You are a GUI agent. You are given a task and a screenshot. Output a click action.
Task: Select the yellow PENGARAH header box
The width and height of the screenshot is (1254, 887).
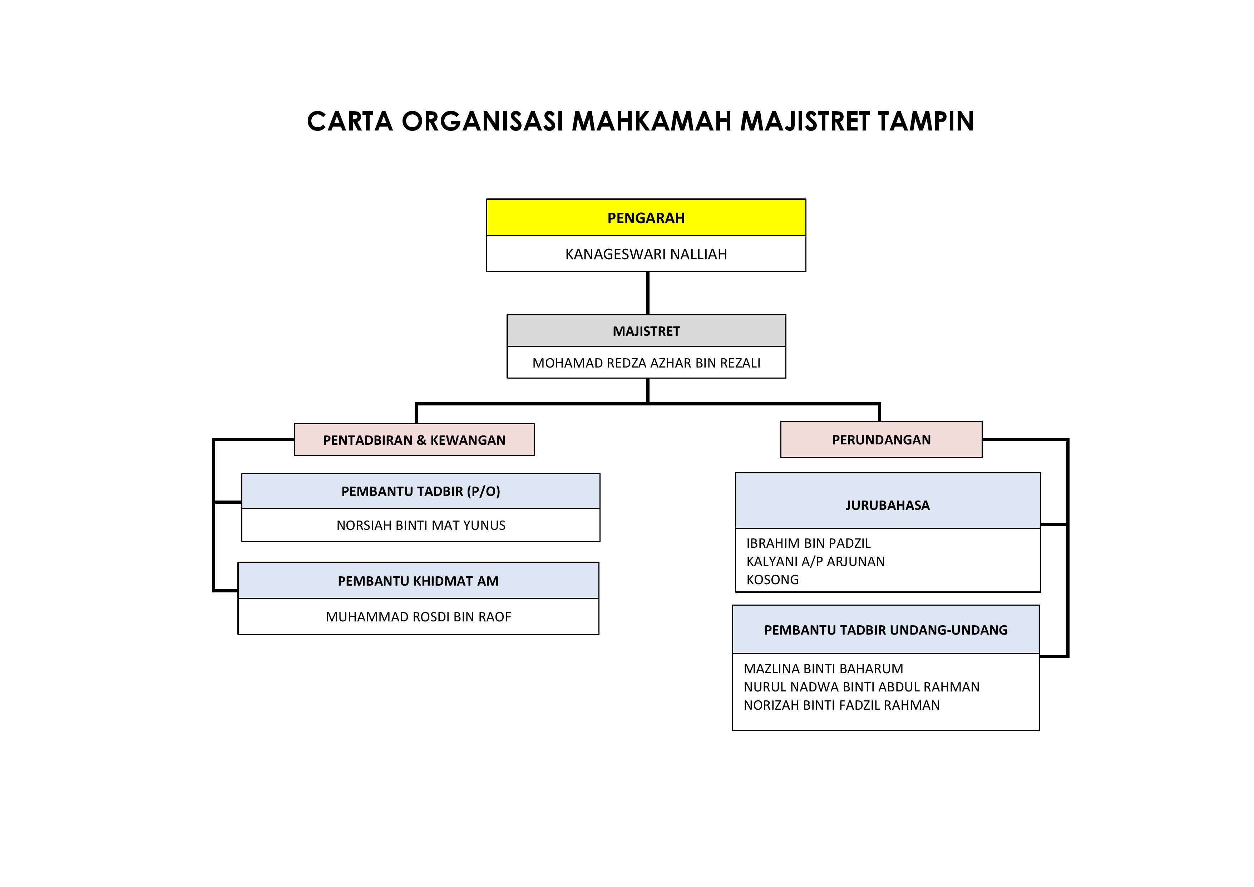(x=646, y=218)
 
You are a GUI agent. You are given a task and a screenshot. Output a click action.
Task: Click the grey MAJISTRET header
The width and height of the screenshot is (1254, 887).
(x=646, y=331)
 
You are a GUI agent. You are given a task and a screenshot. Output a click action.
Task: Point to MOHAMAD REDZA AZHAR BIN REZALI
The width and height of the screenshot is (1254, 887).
(x=646, y=363)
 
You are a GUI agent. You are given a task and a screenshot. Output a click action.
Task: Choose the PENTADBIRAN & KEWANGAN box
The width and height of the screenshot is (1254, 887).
(x=414, y=440)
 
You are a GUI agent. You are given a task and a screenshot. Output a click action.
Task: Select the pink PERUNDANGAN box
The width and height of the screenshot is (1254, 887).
(x=881, y=440)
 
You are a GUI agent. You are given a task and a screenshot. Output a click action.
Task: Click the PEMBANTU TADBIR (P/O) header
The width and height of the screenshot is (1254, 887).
(x=420, y=491)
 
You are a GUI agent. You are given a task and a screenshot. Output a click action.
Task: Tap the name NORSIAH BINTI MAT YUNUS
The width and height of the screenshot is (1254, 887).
(x=420, y=526)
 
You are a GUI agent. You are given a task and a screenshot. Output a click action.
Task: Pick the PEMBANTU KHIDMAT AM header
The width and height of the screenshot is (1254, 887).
(x=418, y=581)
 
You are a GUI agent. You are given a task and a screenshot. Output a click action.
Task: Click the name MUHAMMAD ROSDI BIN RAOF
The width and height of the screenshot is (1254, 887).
(x=418, y=617)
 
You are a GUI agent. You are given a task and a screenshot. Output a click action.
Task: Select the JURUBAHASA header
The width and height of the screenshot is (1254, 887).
(x=888, y=505)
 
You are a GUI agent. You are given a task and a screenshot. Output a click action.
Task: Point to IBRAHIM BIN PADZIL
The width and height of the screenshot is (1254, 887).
(x=808, y=543)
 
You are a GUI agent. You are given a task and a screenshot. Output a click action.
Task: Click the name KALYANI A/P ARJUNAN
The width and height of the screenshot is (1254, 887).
(x=815, y=561)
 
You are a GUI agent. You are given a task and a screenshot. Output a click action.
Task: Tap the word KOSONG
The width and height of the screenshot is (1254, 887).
(x=772, y=580)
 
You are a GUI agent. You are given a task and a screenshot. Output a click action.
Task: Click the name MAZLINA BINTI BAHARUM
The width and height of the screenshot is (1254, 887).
(x=823, y=669)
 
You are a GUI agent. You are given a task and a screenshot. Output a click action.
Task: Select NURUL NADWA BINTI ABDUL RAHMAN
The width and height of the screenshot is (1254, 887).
(x=861, y=687)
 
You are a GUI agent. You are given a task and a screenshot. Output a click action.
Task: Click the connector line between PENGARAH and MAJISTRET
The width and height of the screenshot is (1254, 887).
(x=648, y=293)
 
